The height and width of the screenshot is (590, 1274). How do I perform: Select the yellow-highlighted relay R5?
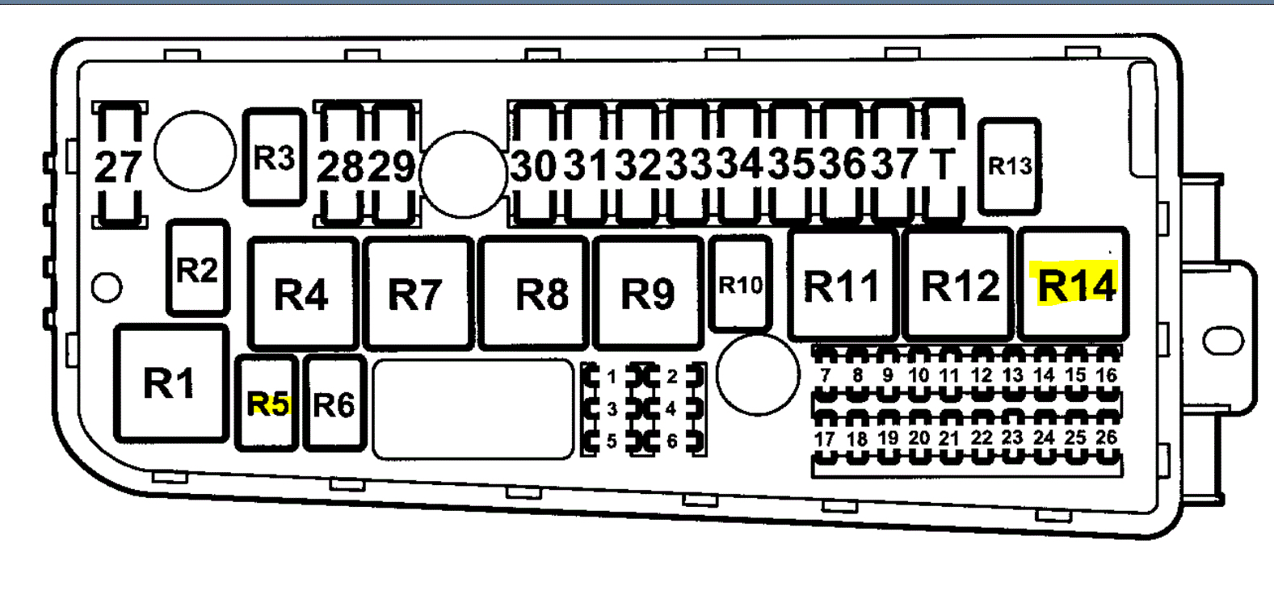267,403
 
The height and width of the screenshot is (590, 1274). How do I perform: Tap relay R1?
170,383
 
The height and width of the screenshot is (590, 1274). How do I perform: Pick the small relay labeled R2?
198,269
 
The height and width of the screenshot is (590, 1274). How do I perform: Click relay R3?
275,157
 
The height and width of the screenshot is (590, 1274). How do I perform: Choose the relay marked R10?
740,285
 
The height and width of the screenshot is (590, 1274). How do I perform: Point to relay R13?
1010,166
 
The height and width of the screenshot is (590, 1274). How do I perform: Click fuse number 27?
120,165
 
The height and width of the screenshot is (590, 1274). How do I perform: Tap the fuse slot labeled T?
944,164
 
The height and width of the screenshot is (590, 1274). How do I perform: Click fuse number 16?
1106,375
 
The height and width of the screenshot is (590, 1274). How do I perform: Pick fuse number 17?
824,439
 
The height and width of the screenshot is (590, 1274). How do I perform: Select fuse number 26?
1106,438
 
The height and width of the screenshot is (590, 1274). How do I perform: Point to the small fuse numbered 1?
612,377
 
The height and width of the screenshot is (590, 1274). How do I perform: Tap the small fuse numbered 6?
672,441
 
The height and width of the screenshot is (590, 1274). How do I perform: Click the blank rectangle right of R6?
473,408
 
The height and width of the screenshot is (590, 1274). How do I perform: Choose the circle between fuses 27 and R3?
195,151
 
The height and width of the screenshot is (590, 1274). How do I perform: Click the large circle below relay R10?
757,375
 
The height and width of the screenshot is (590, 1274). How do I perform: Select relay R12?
959,285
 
